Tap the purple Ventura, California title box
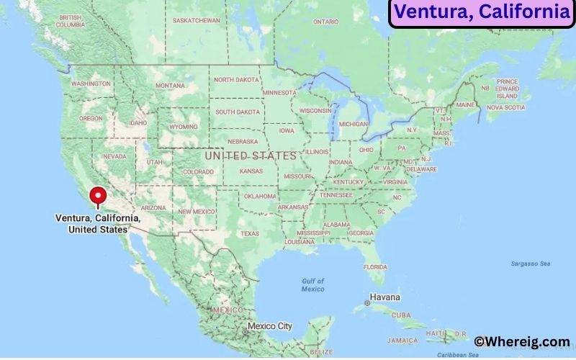click(x=482, y=12)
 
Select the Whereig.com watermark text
click(x=522, y=342)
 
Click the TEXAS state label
click(x=249, y=233)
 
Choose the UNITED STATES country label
click(x=250, y=156)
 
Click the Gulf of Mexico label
click(x=313, y=284)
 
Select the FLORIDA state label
click(x=375, y=266)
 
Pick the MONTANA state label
click(x=170, y=86)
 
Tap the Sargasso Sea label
click(x=530, y=264)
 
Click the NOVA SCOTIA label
click(x=505, y=107)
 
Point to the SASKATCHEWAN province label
click(x=197, y=20)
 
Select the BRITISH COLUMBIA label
click(x=71, y=21)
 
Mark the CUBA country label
click(x=400, y=315)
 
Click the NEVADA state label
click(x=114, y=156)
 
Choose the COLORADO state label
click(x=198, y=172)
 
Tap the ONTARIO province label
click(x=325, y=22)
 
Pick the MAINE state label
click(x=465, y=105)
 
